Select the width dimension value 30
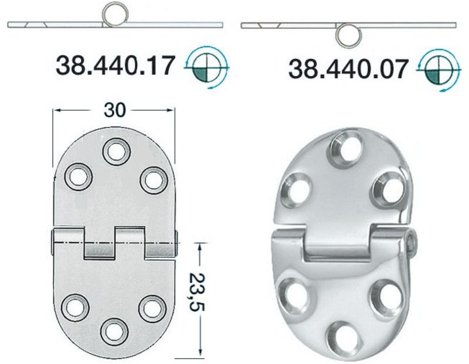115,110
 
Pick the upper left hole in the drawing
77,176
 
